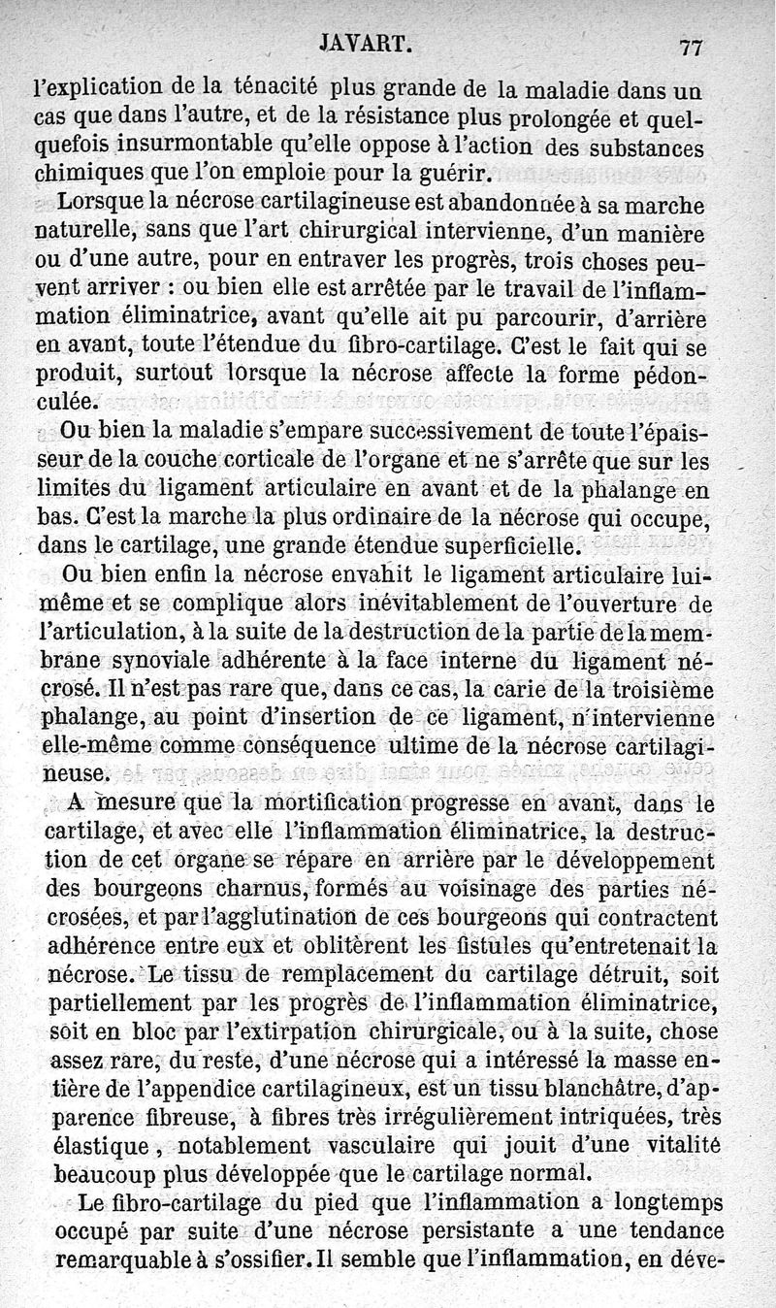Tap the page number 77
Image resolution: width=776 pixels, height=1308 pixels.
point(692,47)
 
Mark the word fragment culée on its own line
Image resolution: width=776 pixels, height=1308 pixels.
point(68,400)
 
